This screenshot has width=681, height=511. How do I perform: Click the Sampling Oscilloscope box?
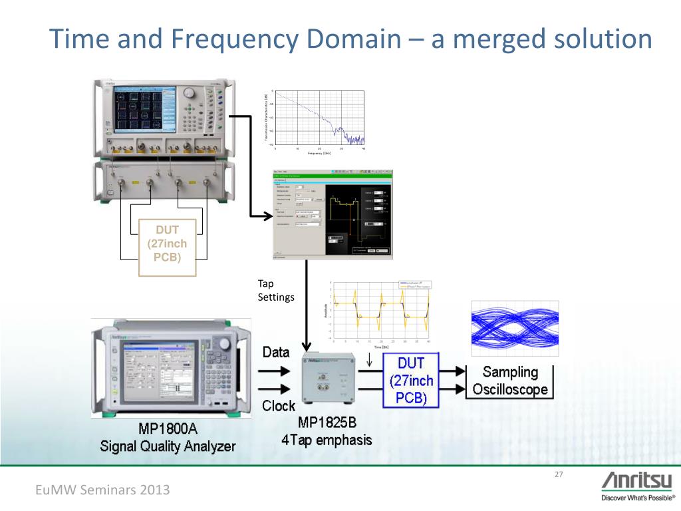click(510, 381)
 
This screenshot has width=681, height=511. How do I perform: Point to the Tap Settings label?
click(275, 290)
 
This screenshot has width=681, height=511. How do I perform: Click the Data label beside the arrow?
click(276, 352)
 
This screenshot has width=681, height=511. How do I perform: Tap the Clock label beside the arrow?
click(279, 405)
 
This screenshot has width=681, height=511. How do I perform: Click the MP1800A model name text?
click(168, 428)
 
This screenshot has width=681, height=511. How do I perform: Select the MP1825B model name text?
click(327, 422)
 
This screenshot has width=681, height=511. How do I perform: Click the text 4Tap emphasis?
click(327, 440)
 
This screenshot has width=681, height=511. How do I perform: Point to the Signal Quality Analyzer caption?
click(168, 446)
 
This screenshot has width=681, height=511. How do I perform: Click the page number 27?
click(558, 474)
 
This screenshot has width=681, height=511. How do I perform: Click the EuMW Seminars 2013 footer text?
click(102, 490)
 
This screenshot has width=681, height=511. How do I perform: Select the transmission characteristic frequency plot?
click(314, 120)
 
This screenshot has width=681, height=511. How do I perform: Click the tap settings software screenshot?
click(333, 214)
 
